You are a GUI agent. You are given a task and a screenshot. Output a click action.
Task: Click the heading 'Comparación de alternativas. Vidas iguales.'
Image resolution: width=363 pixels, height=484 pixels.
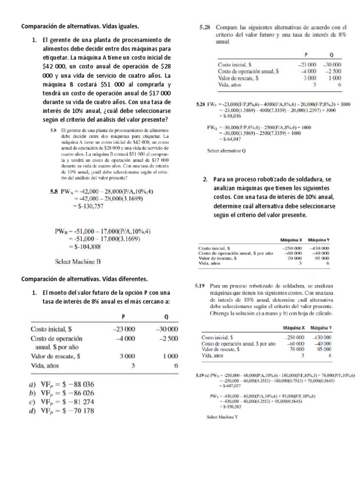[81, 26]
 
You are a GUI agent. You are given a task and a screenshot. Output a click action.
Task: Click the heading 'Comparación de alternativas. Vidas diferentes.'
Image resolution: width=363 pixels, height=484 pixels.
[85, 278]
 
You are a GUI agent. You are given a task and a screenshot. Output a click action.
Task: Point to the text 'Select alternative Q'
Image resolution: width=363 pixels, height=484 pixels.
[227, 151]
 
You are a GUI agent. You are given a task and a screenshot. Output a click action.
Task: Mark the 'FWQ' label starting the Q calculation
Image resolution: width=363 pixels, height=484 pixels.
[212, 127]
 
